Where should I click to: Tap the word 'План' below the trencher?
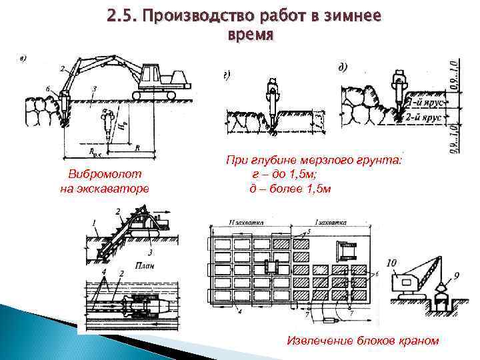click(147, 264)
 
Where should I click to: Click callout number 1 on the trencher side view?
click(95, 222)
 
